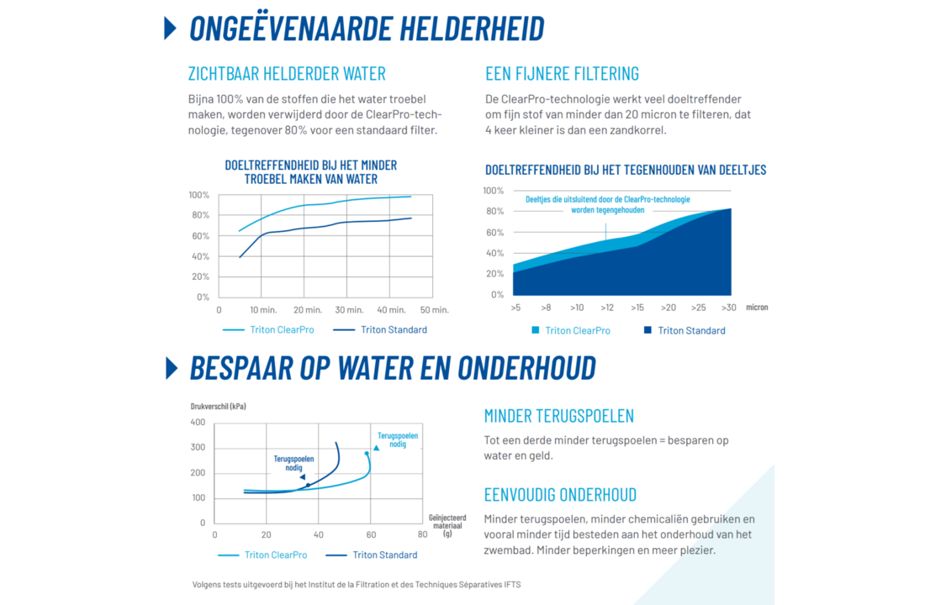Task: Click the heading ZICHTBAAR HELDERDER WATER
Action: click(287, 73)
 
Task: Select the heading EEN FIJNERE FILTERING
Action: click(562, 73)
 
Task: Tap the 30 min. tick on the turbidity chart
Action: click(348, 310)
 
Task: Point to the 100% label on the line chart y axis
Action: click(198, 195)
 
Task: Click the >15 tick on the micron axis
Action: click(637, 308)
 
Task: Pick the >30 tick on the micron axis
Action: click(728, 308)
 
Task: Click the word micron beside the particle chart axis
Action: click(756, 308)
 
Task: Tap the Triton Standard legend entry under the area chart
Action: click(691, 330)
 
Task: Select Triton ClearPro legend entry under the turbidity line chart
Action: click(282, 329)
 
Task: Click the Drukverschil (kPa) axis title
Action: click(218, 406)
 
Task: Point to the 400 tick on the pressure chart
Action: click(198, 422)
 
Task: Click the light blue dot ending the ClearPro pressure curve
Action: click(367, 454)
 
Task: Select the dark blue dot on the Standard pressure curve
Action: click(308, 485)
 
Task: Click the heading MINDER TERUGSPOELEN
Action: click(558, 416)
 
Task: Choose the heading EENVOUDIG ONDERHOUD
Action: click(560, 494)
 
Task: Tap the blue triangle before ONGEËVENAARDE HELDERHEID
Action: click(171, 28)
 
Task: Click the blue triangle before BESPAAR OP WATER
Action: click(172, 368)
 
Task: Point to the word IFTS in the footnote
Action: click(512, 585)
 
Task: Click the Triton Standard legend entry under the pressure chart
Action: click(384, 555)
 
